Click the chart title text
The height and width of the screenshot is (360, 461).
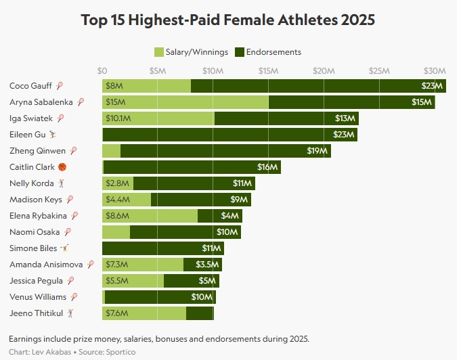point(227,20)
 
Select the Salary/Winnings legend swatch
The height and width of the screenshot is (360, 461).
point(159,52)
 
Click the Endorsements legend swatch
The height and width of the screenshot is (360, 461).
point(239,52)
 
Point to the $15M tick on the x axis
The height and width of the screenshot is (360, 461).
point(268,70)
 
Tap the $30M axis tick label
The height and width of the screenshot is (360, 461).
point(434,70)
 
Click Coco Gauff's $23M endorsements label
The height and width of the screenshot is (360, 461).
point(431,86)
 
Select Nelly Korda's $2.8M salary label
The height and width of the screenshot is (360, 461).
point(115,183)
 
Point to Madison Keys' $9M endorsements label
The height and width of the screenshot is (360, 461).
point(239,200)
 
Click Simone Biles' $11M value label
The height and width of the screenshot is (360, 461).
point(212,248)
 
